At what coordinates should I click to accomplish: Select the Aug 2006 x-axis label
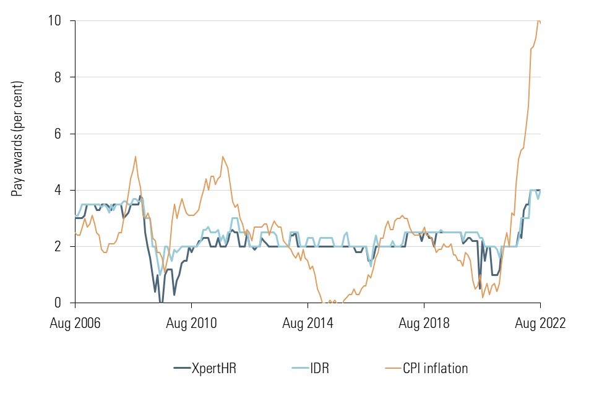pyautogui.click(x=75, y=323)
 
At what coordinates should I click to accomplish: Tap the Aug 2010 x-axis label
pyautogui.click(x=191, y=323)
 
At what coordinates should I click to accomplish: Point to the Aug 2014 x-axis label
pyautogui.click(x=308, y=323)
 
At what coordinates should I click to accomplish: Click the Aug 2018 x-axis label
pyautogui.click(x=424, y=323)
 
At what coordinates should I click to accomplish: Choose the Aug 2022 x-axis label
pyautogui.click(x=540, y=323)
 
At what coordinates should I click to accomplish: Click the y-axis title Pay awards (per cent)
pyautogui.click(x=19, y=139)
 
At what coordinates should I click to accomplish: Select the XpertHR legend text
pyautogui.click(x=214, y=369)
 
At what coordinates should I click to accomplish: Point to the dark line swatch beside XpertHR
pyautogui.click(x=183, y=369)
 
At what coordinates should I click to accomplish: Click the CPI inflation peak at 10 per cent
pyautogui.click(x=538, y=21)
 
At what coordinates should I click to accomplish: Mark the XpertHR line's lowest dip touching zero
pyautogui.click(x=161, y=302)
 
